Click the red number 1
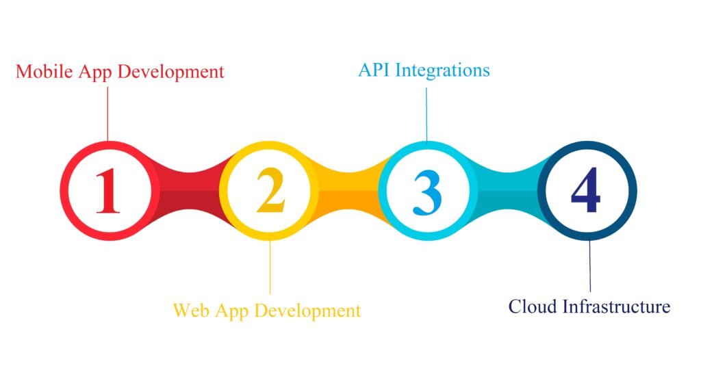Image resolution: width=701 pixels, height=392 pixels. click(x=107, y=191)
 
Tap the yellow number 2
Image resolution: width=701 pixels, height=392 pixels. click(x=270, y=190)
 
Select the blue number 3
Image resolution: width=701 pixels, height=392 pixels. click(x=428, y=192)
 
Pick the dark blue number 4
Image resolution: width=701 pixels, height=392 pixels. click(x=586, y=190)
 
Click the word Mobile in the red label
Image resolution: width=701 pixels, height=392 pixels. click(x=44, y=72)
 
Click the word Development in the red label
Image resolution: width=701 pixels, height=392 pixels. click(x=170, y=73)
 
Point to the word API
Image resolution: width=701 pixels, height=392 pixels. click(x=374, y=70)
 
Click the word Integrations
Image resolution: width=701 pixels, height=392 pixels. click(x=443, y=71)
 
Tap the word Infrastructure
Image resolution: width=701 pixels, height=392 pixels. click(x=617, y=306)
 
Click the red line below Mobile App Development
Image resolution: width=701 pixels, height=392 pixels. click(x=107, y=114)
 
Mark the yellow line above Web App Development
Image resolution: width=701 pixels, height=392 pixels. click(x=270, y=267)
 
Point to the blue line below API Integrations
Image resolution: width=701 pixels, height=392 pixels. click(x=426, y=114)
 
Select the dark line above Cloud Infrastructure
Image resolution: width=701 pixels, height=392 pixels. click(x=589, y=265)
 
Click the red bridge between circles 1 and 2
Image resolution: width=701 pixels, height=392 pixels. click(x=190, y=191)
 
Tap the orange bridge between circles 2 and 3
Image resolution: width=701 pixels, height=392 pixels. click(x=348, y=191)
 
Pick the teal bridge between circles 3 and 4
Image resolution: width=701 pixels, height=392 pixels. click(x=508, y=191)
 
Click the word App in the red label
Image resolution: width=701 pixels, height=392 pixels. click(x=95, y=73)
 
